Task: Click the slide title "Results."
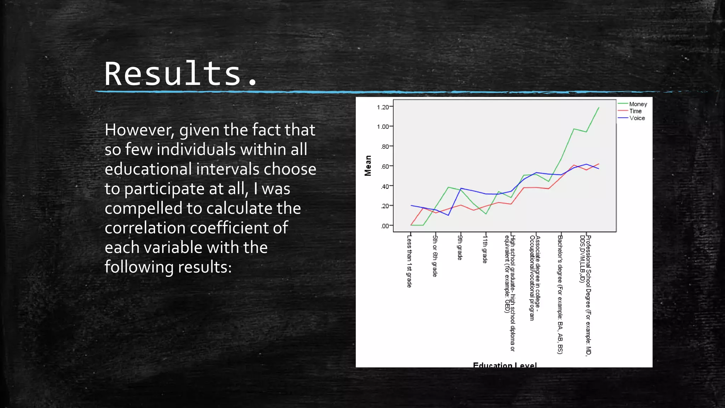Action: click(x=181, y=74)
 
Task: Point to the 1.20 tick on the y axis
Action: click(x=383, y=107)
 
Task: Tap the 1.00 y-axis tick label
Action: click(x=383, y=127)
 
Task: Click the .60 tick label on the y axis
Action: click(x=384, y=166)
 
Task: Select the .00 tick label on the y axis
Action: click(x=384, y=226)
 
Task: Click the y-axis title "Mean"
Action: click(x=368, y=165)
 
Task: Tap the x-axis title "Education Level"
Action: click(x=505, y=365)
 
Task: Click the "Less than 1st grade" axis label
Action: click(x=409, y=261)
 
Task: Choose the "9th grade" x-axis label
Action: click(x=460, y=248)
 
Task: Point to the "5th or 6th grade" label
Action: click(x=435, y=256)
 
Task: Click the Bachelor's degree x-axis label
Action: click(x=560, y=294)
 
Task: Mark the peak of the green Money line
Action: click(x=599, y=108)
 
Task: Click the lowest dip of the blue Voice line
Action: click(x=448, y=215)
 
